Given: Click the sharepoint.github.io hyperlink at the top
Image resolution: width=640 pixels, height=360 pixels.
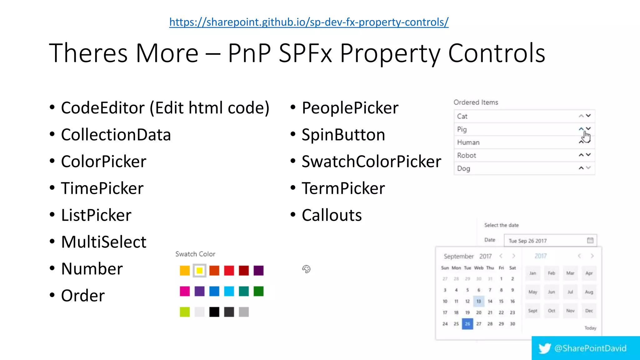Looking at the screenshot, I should (309, 22).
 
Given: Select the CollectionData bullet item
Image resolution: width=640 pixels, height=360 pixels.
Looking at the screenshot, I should (116, 135).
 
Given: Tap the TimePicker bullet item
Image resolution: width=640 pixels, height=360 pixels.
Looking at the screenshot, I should (102, 188).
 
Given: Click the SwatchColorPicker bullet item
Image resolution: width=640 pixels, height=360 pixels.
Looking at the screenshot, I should (371, 162).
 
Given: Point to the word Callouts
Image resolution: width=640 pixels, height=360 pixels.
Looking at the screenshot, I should (332, 215).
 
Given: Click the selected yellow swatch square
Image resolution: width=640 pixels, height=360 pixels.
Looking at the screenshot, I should (199, 271).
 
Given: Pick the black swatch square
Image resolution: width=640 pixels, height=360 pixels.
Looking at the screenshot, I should (214, 312).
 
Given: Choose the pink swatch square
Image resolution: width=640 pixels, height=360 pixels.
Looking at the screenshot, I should (185, 291).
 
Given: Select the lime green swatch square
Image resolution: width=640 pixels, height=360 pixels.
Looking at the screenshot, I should (185, 312).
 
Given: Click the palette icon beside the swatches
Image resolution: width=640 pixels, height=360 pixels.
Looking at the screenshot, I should (306, 269).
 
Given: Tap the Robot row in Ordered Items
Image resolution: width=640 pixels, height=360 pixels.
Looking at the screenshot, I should (466, 155).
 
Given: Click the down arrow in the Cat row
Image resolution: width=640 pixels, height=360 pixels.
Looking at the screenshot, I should (588, 116).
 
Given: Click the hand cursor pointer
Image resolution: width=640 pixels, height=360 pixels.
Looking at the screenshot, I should (586, 137).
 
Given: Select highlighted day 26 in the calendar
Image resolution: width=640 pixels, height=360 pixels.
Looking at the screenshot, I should (467, 324).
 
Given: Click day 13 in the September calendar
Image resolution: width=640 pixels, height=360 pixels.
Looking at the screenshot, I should (478, 301).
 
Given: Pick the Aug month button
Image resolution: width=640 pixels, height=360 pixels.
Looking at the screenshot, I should (589, 292).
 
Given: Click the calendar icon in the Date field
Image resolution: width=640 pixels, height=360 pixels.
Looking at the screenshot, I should (590, 240).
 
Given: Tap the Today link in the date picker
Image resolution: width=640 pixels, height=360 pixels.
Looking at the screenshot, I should (590, 328).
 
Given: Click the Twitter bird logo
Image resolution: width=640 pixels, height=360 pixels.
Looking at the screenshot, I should (544, 348).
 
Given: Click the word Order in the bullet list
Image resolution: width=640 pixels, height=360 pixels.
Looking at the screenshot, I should (83, 296).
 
